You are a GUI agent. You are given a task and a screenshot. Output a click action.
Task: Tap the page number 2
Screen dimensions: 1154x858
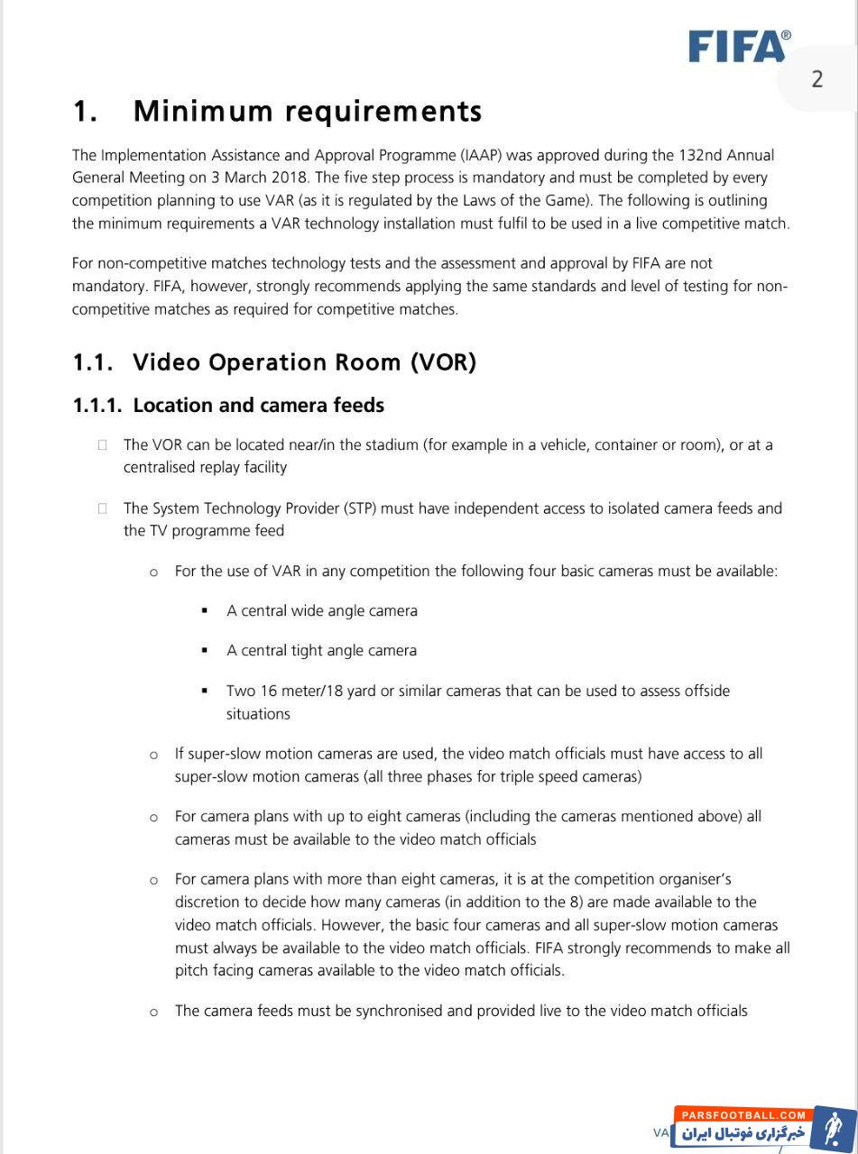tap(816, 79)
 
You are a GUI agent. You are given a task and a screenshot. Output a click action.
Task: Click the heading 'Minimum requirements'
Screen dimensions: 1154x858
tap(307, 111)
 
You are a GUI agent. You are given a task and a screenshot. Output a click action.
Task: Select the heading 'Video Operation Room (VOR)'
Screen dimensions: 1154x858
tap(304, 362)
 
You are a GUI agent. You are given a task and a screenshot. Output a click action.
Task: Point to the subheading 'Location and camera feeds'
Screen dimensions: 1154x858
tap(258, 405)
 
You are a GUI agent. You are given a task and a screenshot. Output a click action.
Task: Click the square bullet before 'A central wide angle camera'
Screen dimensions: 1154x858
tap(205, 611)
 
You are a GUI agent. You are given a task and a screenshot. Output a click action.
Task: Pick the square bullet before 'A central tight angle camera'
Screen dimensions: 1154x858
tap(205, 651)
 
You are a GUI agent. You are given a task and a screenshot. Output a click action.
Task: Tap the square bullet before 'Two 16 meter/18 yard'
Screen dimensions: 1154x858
tap(205, 691)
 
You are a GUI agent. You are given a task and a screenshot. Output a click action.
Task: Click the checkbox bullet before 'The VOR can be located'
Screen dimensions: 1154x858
tap(103, 444)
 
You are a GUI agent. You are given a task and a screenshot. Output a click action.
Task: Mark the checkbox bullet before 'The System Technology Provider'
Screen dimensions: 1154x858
tap(103, 508)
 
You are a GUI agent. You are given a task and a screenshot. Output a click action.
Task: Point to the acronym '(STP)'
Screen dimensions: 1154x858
tap(362, 508)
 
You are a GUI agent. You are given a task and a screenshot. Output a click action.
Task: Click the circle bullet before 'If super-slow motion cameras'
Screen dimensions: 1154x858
tap(153, 755)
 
